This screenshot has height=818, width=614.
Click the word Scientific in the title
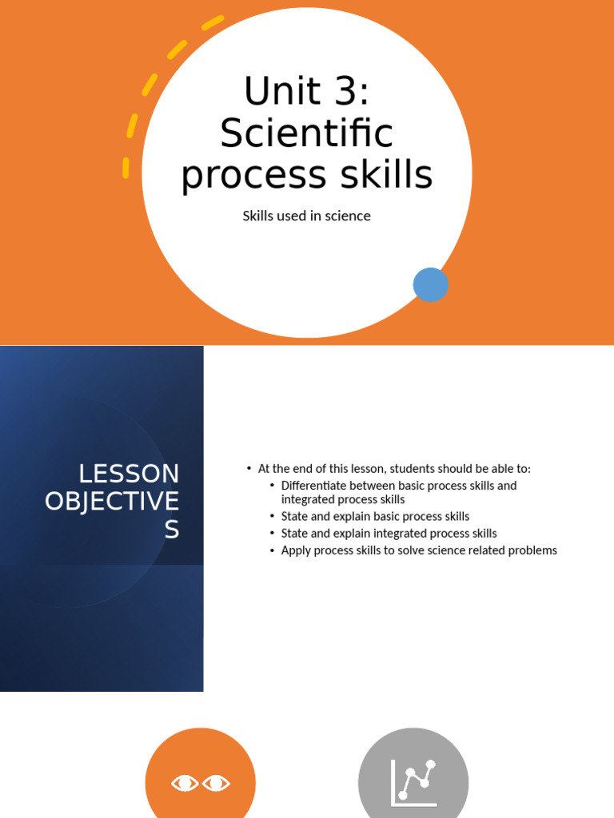coord(307,133)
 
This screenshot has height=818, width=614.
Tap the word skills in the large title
coord(389,175)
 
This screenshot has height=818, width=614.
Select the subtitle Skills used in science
coord(307,216)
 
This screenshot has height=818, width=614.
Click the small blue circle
coord(431,285)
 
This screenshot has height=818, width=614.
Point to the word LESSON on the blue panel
coord(129,474)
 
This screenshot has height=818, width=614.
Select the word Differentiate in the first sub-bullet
coord(317,486)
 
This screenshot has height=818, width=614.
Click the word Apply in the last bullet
coord(295,550)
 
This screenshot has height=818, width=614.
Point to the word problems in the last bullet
coord(531,550)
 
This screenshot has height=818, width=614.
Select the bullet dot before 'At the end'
coord(249,468)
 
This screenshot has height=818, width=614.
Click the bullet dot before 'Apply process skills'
coord(272,550)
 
